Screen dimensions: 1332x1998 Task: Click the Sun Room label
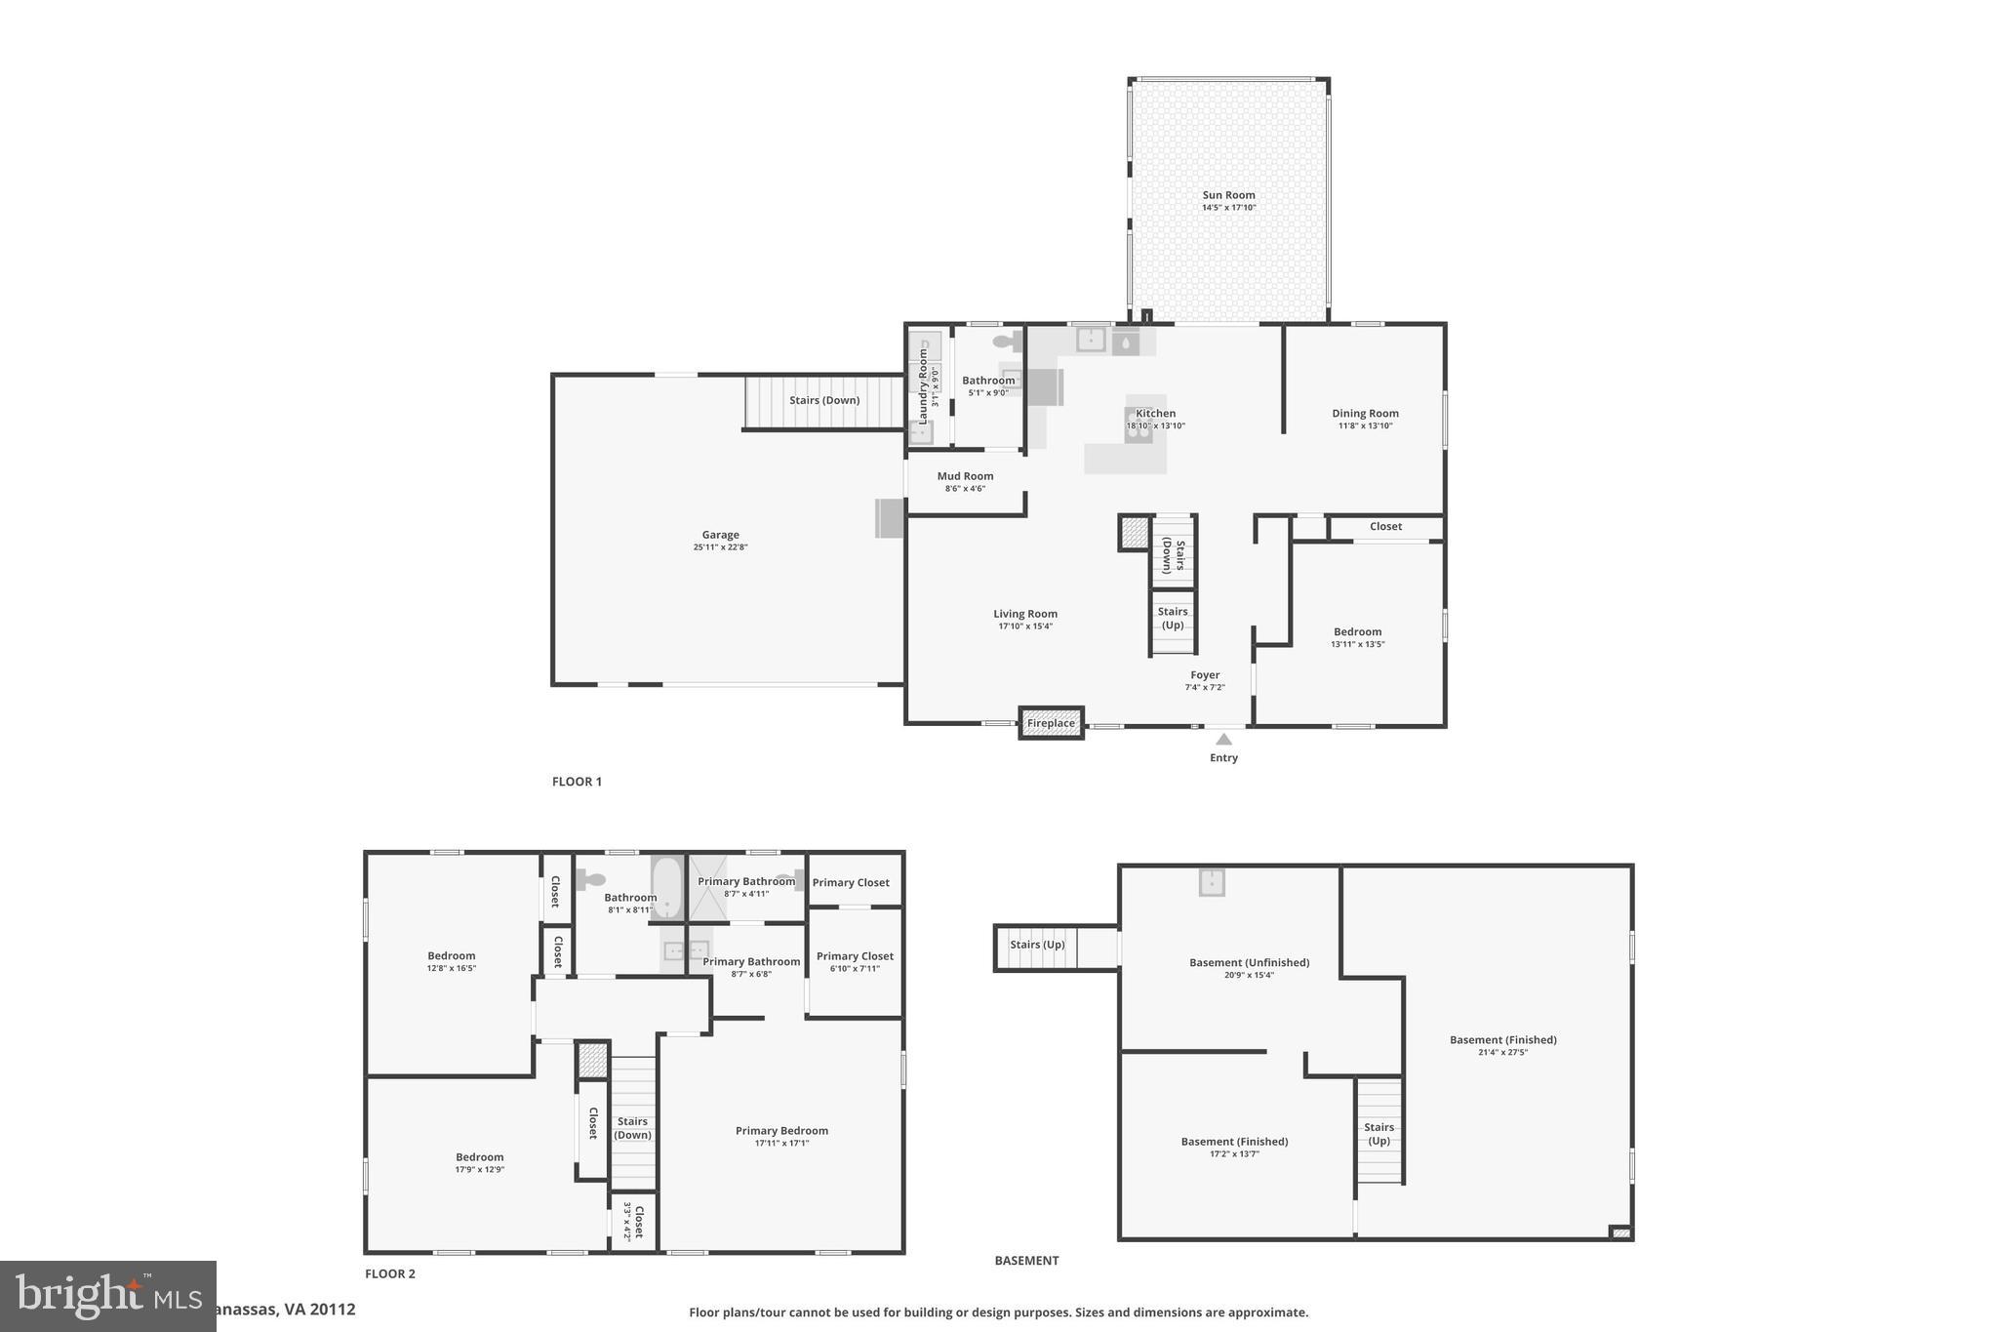tap(1228, 195)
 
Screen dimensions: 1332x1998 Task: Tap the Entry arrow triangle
tap(1223, 740)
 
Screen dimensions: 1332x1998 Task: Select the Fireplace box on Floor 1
tap(1051, 723)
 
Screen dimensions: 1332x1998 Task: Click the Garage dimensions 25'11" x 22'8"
tap(720, 547)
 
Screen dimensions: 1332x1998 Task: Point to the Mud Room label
tap(965, 476)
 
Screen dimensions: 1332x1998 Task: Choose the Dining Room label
tap(1365, 413)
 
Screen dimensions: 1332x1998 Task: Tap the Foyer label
tap(1205, 674)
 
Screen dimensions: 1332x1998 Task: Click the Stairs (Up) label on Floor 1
tap(1173, 618)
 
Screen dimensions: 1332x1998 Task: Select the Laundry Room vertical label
tap(923, 385)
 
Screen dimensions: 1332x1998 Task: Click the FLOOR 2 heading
tap(390, 1273)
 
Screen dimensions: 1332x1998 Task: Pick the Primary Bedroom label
tap(781, 1131)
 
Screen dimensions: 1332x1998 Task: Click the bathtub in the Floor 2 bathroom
tap(667, 887)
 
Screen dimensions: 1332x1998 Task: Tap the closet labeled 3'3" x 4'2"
tap(633, 1222)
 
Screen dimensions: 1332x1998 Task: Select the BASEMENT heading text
tap(1026, 1261)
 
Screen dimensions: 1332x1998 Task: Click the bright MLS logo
tap(107, 1296)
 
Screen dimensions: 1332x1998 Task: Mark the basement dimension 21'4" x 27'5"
tap(1502, 1052)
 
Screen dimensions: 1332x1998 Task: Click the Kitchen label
tap(1155, 413)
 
